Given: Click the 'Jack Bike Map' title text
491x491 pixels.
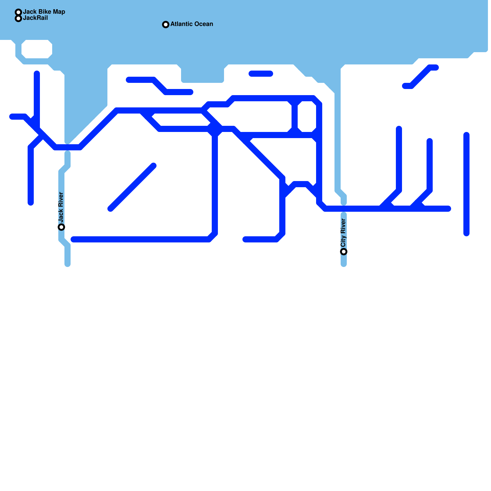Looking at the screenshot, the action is point(44,12).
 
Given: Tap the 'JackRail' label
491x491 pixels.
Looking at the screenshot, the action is point(35,18).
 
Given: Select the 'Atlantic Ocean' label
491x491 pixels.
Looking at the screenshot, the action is point(191,24).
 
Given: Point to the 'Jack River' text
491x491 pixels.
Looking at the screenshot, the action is point(61,207).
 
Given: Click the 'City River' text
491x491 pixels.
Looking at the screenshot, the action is point(343,233).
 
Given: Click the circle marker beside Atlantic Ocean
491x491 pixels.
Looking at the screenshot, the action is point(166,25).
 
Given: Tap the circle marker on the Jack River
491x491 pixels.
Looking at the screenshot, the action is point(61,227).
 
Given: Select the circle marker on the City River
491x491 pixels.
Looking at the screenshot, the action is point(344,252).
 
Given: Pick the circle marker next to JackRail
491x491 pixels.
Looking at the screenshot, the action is point(18,18).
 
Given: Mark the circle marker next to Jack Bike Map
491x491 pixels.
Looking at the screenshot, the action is point(18,12).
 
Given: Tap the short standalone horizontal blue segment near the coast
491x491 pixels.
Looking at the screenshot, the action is point(261,74).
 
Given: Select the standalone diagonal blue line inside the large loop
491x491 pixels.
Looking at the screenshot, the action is point(132,187).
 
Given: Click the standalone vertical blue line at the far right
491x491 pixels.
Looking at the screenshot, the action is point(466,184).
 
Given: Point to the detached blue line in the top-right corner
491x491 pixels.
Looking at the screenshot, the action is point(420,77).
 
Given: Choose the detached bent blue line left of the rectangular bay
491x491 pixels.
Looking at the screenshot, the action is point(160,86).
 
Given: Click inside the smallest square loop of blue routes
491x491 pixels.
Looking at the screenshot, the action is point(307,117).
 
